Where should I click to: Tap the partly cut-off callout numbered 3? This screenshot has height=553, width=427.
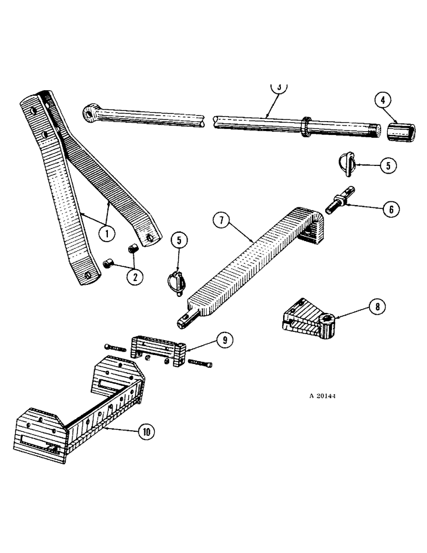point(280,87)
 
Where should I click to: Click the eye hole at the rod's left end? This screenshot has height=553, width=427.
point(88,114)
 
